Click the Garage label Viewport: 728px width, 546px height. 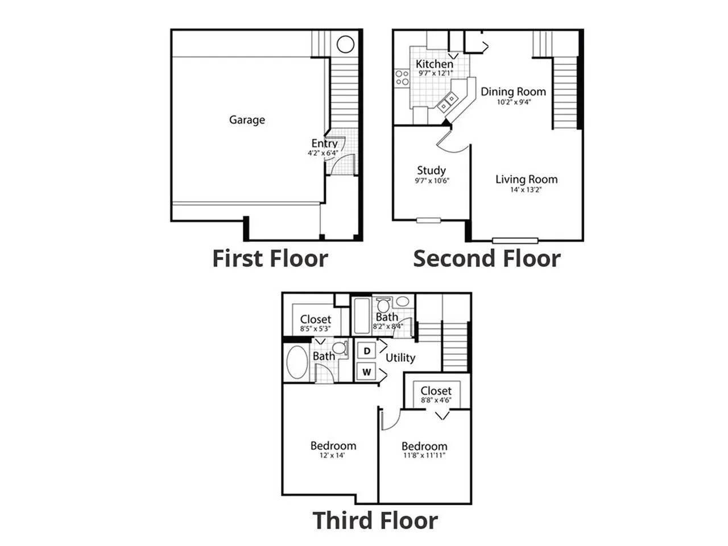tap(247, 119)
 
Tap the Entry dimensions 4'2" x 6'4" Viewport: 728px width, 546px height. tap(322, 153)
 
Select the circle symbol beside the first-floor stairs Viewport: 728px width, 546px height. tap(345, 44)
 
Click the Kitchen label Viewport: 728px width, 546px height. tap(434, 64)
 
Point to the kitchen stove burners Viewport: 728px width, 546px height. tap(402, 77)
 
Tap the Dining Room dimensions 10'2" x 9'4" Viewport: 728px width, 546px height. tap(514, 102)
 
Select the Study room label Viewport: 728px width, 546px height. tap(431, 171)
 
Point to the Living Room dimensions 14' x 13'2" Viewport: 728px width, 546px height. tap(526, 189)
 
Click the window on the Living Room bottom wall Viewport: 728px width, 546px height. tap(515, 241)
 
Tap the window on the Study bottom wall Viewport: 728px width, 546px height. tap(428, 220)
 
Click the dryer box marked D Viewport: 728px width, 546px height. tap(366, 351)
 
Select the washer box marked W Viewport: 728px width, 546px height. tap(366, 371)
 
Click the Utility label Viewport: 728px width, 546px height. tap(400, 358)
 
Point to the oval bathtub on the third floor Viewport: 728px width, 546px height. tap(297, 363)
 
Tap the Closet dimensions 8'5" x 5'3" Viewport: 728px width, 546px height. tap(316, 329)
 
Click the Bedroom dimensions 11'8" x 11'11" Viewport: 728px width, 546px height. tap(424, 455)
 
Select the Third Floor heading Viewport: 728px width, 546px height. tap(375, 520)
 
